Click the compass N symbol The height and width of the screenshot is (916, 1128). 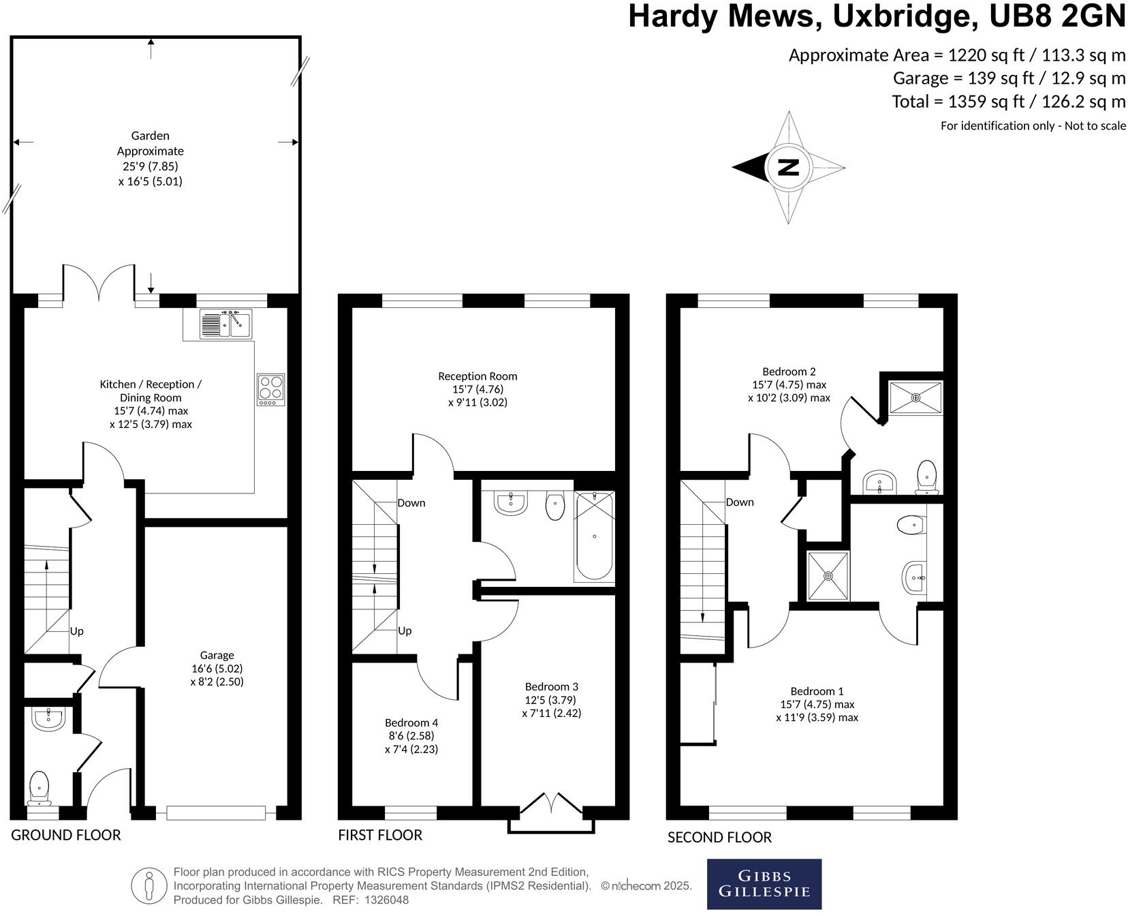788,167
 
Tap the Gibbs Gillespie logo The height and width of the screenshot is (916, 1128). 764,884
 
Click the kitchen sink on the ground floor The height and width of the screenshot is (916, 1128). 225,324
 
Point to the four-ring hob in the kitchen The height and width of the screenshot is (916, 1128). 270,389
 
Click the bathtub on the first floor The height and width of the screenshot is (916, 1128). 594,536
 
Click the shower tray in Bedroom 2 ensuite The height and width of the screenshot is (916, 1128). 915,397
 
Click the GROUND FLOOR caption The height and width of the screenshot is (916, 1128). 65,835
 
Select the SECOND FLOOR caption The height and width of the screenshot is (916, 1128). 719,837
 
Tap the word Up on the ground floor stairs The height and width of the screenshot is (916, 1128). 77,631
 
